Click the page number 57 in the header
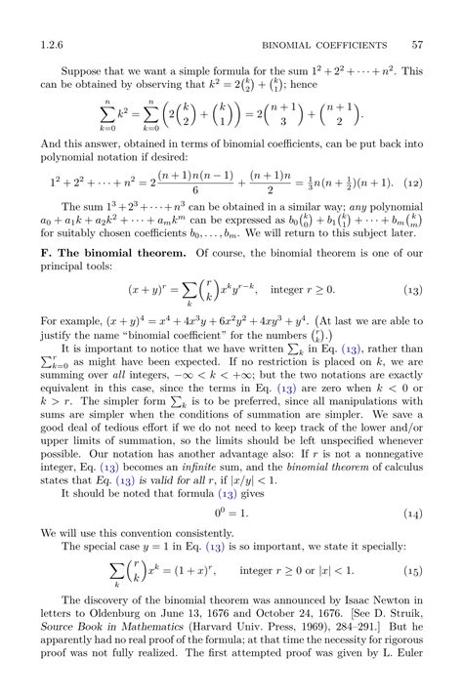tap(417, 44)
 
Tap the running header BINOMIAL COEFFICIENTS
tap(326, 44)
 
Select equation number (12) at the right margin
tap(413, 183)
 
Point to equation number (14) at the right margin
tap(413, 513)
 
